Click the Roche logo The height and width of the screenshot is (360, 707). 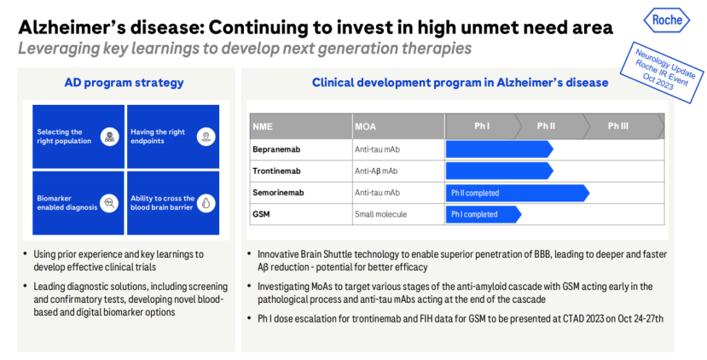coord(665,20)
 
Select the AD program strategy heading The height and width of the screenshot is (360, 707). coord(124,83)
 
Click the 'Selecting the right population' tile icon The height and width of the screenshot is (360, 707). coord(108,136)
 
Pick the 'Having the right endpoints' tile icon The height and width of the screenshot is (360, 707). coord(205,136)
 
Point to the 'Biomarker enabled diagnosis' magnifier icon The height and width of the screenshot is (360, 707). coord(108,203)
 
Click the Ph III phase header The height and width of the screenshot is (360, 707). coord(618,127)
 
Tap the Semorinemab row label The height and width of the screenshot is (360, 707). coord(278,193)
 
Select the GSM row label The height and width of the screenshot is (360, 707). coord(262,214)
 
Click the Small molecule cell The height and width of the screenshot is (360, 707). coord(380,214)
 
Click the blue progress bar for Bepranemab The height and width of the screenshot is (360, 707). coord(498,149)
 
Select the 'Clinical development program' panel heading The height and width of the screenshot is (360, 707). coord(460,83)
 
